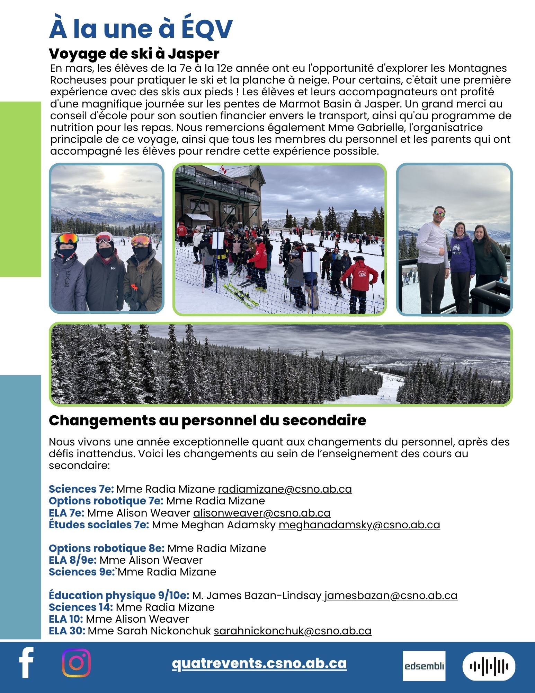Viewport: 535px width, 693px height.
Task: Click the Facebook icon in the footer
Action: [26, 662]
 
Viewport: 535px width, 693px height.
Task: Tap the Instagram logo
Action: [76, 663]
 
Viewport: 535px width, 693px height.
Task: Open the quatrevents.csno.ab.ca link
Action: [259, 663]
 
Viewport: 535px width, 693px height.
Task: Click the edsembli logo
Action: [424, 666]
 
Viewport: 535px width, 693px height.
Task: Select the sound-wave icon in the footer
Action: [489, 666]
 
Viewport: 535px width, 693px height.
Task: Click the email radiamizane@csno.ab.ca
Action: [285, 489]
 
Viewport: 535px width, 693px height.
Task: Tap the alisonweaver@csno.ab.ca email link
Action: [261, 513]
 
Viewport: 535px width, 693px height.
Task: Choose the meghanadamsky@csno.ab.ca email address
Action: [359, 525]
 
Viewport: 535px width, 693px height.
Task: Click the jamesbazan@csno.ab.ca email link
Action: [391, 595]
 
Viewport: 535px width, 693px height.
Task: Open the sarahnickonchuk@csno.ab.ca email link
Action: [292, 631]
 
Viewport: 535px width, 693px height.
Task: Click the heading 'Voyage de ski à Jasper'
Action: [134, 54]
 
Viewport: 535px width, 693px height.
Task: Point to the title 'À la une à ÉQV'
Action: [141, 29]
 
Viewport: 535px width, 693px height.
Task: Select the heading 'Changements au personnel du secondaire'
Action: [207, 420]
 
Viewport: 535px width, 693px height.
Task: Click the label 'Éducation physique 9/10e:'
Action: [119, 595]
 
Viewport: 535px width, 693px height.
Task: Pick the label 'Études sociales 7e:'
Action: [99, 525]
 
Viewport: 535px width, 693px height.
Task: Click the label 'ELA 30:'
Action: [67, 631]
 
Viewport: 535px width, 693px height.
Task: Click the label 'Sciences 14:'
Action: [81, 607]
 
